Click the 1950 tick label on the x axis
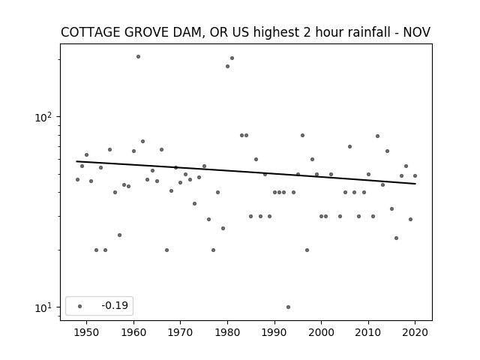(87, 333)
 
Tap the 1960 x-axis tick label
(133, 333)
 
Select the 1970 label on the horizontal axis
(180, 333)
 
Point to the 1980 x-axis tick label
(227, 333)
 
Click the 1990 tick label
(274, 333)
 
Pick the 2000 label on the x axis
(322, 333)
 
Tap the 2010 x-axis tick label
(368, 333)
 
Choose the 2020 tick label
(415, 333)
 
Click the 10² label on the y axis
(43, 117)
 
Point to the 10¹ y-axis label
(43, 307)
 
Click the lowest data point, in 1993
(288, 307)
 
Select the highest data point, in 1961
(138, 57)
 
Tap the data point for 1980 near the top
(227, 67)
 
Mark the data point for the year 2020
(415, 176)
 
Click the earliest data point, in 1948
(78, 180)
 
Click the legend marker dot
(80, 306)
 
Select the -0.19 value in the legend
(115, 305)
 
